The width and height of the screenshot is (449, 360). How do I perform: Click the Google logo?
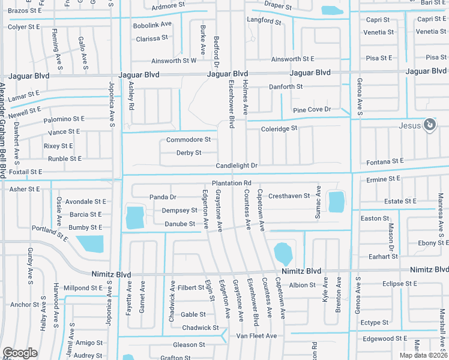(20, 353)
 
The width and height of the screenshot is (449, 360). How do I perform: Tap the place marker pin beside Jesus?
(429, 125)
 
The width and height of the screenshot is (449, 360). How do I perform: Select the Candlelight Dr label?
(237, 166)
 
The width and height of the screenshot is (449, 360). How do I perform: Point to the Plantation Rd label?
(231, 183)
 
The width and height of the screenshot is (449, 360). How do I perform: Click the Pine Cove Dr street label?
(312, 110)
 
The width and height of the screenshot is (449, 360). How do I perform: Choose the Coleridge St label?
(279, 128)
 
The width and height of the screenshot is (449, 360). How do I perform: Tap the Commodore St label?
(188, 140)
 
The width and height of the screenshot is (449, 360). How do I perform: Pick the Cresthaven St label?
(289, 196)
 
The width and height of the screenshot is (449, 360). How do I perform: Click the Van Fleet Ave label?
(256, 336)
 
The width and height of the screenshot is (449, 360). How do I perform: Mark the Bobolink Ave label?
(152, 25)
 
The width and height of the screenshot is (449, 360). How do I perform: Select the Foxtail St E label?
(25, 172)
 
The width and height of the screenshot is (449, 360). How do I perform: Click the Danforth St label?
(285, 86)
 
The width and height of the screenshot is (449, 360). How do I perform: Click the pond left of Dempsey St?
(135, 217)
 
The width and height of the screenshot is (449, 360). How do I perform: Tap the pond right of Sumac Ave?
(337, 202)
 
